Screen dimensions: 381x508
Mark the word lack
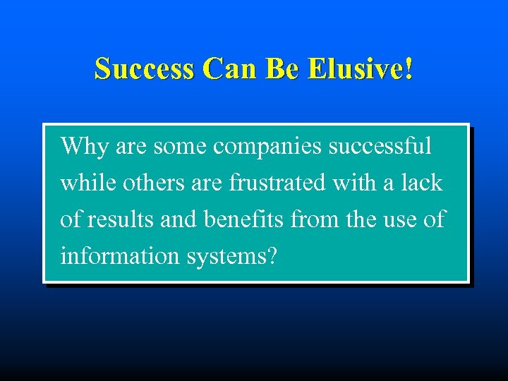(421, 183)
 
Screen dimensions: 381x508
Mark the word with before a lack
(354, 183)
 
